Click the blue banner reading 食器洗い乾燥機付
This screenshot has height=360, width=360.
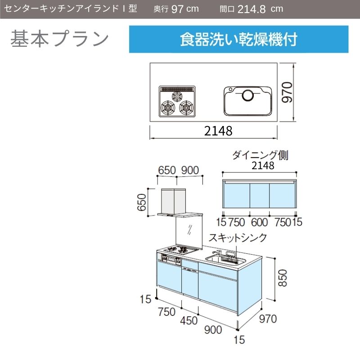coord(238,39)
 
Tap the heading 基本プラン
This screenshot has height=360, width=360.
coord(59,39)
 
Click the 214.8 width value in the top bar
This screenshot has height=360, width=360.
coord(252,9)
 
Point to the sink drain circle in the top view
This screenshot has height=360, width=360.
coord(248,95)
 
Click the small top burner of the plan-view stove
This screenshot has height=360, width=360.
coord(177,97)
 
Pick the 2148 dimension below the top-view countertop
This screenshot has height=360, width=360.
coord(218,131)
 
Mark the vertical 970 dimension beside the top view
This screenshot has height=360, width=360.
coord(287,92)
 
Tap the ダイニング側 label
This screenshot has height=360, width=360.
coord(260,155)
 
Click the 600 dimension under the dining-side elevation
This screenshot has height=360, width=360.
coord(260,222)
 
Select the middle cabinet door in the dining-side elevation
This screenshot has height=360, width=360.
coord(260,196)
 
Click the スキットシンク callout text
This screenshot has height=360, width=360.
coord(238,238)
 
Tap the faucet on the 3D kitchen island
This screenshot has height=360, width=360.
coord(217,253)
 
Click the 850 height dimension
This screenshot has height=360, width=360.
coord(283,278)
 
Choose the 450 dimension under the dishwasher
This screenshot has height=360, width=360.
coord(189,320)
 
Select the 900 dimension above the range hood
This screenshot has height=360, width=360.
coord(190,171)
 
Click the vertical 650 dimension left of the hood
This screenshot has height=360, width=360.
coord(142,202)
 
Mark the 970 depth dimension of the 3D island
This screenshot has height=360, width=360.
coord(268,319)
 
